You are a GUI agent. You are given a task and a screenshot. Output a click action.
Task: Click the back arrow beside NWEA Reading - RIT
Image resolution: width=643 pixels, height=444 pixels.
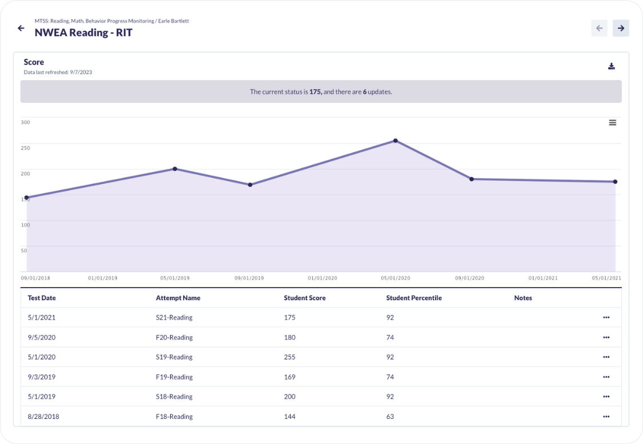(x=21, y=28)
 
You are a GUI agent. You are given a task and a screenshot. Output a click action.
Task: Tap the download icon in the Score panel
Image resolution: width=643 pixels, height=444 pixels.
(x=612, y=66)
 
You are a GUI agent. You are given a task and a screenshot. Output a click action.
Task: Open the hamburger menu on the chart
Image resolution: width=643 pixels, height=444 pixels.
(x=613, y=123)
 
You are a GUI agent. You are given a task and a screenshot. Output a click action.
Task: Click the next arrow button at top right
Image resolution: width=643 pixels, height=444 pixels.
(x=621, y=29)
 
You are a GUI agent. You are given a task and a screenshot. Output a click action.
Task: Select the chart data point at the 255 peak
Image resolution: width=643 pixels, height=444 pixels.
(x=395, y=140)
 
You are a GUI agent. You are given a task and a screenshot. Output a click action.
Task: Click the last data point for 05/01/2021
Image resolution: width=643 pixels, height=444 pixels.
(x=615, y=181)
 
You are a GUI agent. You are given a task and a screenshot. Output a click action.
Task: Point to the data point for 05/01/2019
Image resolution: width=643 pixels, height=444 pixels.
(x=175, y=169)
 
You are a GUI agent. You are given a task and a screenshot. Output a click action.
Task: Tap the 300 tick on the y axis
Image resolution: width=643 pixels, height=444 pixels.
(x=26, y=122)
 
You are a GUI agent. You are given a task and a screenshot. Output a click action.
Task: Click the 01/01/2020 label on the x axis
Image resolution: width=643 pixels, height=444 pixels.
(x=322, y=278)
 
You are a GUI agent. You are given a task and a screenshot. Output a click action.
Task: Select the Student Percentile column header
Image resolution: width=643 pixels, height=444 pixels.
(x=414, y=298)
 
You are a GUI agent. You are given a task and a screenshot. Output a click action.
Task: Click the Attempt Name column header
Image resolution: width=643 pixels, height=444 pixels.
(x=178, y=298)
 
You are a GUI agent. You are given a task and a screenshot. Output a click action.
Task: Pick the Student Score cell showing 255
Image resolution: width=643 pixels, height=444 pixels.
(x=290, y=357)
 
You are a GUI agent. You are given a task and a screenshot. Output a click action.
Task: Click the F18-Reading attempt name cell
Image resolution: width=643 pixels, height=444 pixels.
(x=174, y=417)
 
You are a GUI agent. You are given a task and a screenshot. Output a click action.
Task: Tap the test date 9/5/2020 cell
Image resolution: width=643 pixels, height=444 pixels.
(x=42, y=337)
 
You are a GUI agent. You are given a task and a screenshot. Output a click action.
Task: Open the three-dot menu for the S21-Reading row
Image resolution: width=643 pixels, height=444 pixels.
(x=606, y=317)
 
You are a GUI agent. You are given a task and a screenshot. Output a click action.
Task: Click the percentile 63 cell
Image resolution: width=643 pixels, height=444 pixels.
(x=390, y=417)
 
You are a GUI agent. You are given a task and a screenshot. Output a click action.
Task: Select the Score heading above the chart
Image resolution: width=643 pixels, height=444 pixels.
(x=34, y=62)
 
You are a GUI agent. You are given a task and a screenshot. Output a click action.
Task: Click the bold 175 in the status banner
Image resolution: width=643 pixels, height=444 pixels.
(x=315, y=92)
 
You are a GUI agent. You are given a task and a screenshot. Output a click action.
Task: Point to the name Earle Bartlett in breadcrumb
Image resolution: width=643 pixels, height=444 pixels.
(x=174, y=21)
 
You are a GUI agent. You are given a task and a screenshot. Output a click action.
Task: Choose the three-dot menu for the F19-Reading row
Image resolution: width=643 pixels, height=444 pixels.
(x=606, y=377)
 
